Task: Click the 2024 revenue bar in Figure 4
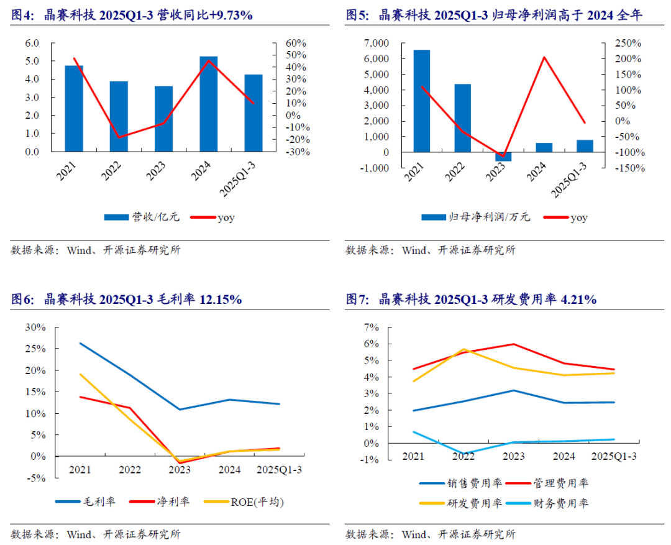coord(209,104)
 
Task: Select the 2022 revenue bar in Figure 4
coord(119,116)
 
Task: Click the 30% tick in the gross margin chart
coord(35,327)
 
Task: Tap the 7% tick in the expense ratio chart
coord(372,327)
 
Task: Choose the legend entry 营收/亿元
coord(155,217)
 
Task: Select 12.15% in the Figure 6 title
coord(221,300)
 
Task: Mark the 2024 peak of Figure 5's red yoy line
coord(544,57)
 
